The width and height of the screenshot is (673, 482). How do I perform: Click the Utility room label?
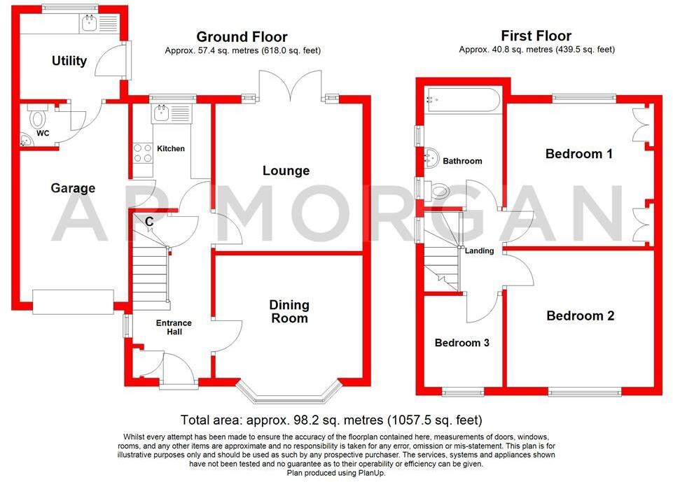tap(69, 61)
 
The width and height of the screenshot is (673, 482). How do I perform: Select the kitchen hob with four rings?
tap(143, 153)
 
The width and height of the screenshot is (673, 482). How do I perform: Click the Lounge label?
tap(286, 171)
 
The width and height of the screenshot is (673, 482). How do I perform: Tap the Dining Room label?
tap(289, 311)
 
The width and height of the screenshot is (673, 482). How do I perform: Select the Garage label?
tap(73, 188)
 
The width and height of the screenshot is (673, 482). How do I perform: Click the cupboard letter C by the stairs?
tap(149, 222)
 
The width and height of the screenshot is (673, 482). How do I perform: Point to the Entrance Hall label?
tap(173, 327)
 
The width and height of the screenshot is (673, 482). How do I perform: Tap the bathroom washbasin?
tap(431, 160)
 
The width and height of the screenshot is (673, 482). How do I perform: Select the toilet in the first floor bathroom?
tap(439, 190)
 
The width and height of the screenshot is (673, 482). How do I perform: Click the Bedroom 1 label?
tap(578, 154)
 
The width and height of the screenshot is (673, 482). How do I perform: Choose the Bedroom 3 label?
tap(462, 343)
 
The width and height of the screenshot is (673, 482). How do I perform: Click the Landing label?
tap(480, 250)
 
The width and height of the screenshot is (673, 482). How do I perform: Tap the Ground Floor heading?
tap(242, 36)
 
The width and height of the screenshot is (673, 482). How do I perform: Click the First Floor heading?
tap(536, 36)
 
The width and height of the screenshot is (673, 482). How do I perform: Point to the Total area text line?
tap(331, 420)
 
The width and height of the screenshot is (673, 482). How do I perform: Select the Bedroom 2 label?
tap(580, 316)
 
